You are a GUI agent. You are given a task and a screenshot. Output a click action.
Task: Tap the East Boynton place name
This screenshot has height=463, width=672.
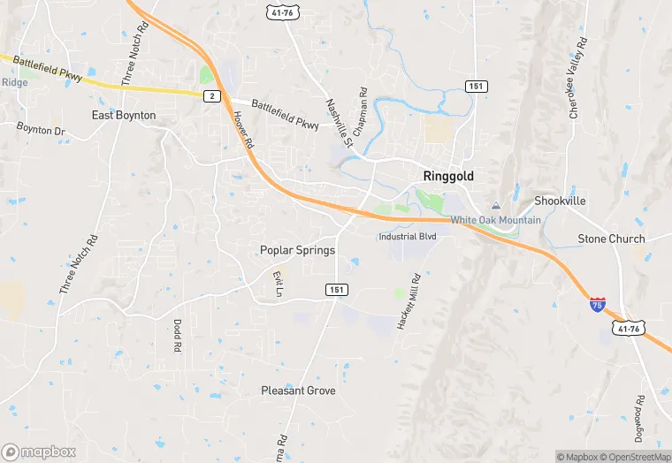tap(124, 116)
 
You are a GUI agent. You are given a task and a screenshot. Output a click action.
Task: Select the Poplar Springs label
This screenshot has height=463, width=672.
tap(297, 250)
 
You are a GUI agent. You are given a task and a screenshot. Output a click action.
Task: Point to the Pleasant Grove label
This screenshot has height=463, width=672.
tap(298, 390)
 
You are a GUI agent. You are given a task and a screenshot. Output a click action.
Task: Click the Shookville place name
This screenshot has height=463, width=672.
tap(560, 201)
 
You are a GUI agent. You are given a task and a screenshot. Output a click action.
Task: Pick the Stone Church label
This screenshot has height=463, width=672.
tap(611, 239)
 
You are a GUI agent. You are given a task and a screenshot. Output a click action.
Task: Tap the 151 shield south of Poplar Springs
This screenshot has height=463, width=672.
tap(336, 290)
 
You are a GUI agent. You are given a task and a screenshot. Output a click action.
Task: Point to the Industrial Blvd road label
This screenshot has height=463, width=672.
tap(408, 237)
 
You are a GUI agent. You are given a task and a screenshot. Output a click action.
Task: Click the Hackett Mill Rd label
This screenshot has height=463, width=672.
tap(408, 302)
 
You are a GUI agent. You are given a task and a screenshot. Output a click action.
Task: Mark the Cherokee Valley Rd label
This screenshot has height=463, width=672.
tap(573, 83)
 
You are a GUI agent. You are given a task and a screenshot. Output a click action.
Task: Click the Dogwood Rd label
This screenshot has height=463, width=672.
tap(638, 420)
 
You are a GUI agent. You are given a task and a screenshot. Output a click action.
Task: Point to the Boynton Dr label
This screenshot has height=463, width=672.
tap(41, 130)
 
